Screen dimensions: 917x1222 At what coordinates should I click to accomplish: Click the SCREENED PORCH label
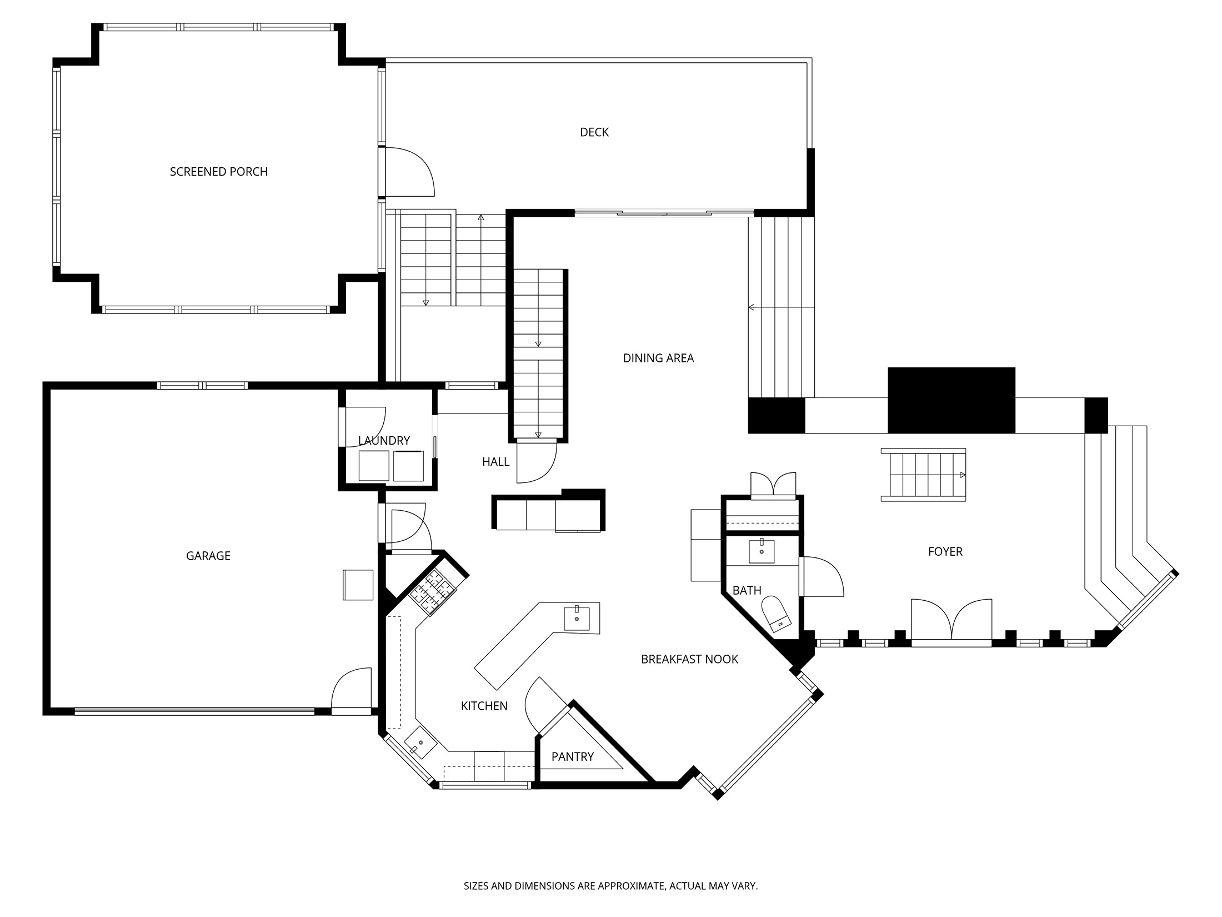tap(219, 172)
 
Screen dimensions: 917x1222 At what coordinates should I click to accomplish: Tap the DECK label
tap(594, 132)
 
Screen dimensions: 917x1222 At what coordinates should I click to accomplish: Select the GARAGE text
tap(208, 556)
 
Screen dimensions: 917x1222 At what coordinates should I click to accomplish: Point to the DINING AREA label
tap(658, 358)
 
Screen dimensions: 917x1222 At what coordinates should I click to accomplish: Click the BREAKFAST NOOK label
tap(689, 659)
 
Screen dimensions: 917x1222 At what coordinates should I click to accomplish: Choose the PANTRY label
tap(572, 756)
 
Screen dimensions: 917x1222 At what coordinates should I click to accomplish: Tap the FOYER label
tap(945, 551)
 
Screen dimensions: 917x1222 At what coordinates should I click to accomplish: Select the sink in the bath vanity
tap(761, 551)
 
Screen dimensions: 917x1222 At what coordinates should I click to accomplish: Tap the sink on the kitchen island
tap(577, 618)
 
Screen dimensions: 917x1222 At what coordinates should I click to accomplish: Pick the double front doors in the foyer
tap(951, 621)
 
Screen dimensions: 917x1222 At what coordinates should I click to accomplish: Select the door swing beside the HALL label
tap(536, 461)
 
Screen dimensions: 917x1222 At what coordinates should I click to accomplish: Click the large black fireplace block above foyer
tap(951, 400)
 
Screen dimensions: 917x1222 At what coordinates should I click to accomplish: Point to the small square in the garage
tap(358, 585)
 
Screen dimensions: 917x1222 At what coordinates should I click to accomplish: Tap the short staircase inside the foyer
tap(923, 475)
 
